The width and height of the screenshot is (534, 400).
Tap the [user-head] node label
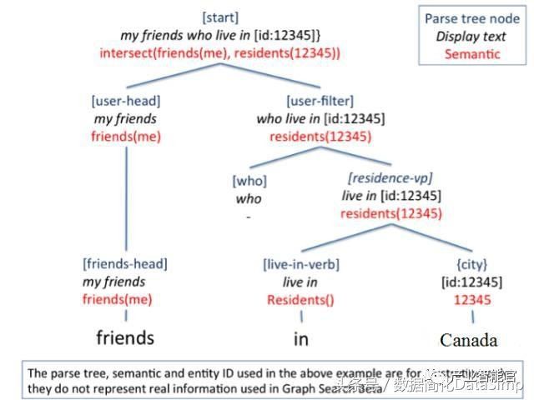point(126,102)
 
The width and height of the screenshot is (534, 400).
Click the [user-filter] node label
point(311,102)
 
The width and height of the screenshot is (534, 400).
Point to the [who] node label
point(248,181)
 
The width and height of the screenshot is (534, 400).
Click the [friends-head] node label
point(125,264)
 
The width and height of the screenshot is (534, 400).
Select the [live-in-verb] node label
point(301,264)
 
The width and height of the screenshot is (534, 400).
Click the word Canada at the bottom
point(468,340)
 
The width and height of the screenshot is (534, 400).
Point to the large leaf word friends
point(125,337)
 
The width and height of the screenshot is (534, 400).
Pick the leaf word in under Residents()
point(300,338)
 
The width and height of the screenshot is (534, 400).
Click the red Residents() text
point(300,300)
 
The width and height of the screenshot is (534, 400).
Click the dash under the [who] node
point(248,216)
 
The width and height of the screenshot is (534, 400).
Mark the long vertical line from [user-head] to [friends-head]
point(126,200)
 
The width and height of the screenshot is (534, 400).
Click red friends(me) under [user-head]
point(126,137)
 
